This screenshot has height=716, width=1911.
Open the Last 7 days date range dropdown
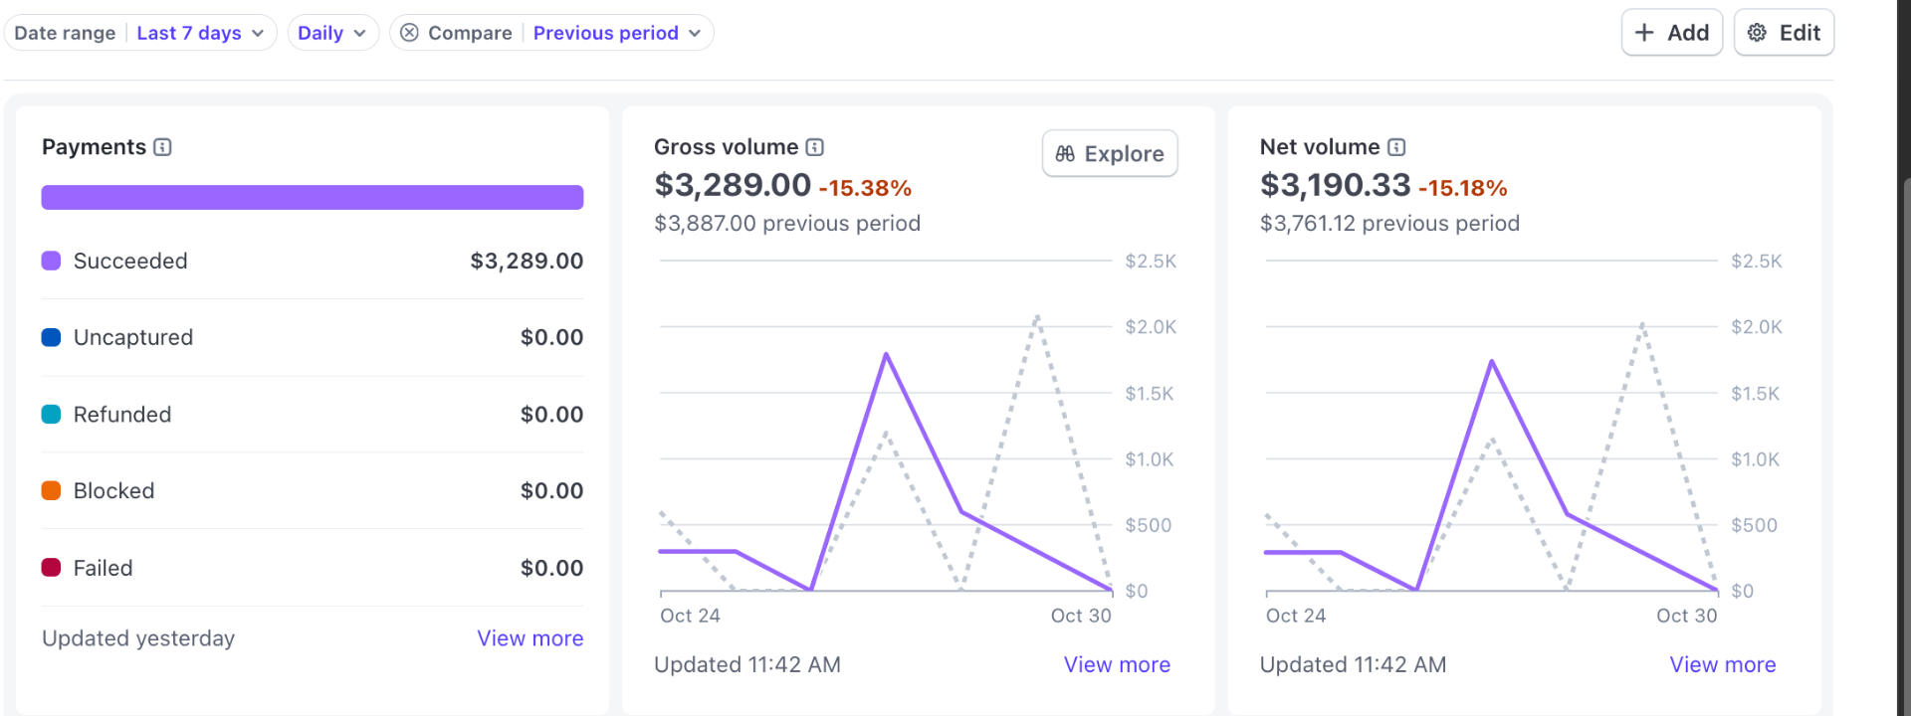click(x=199, y=33)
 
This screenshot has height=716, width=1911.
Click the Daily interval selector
click(x=332, y=33)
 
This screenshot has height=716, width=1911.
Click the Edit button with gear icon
click(x=1784, y=33)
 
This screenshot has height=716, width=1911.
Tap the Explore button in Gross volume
click(x=1110, y=154)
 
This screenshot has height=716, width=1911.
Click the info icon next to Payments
click(x=163, y=147)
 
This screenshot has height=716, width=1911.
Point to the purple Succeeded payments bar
click(x=312, y=197)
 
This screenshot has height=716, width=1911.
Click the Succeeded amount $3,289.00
click(x=527, y=261)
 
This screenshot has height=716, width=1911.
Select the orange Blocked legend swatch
click(x=51, y=490)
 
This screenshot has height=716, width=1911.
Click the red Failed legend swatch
click(x=51, y=568)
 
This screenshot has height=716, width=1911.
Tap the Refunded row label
click(x=122, y=414)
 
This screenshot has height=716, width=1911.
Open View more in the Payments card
click(x=530, y=638)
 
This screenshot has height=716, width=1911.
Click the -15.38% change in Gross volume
click(x=865, y=188)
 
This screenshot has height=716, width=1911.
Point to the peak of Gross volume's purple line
click(x=886, y=354)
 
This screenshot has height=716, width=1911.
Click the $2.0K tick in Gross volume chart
click(x=1150, y=327)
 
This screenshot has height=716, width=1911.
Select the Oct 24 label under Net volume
click(x=1296, y=616)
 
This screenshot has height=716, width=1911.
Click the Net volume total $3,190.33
click(x=1335, y=185)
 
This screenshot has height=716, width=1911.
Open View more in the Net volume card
click(x=1722, y=664)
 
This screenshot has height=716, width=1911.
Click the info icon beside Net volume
click(x=1397, y=147)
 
